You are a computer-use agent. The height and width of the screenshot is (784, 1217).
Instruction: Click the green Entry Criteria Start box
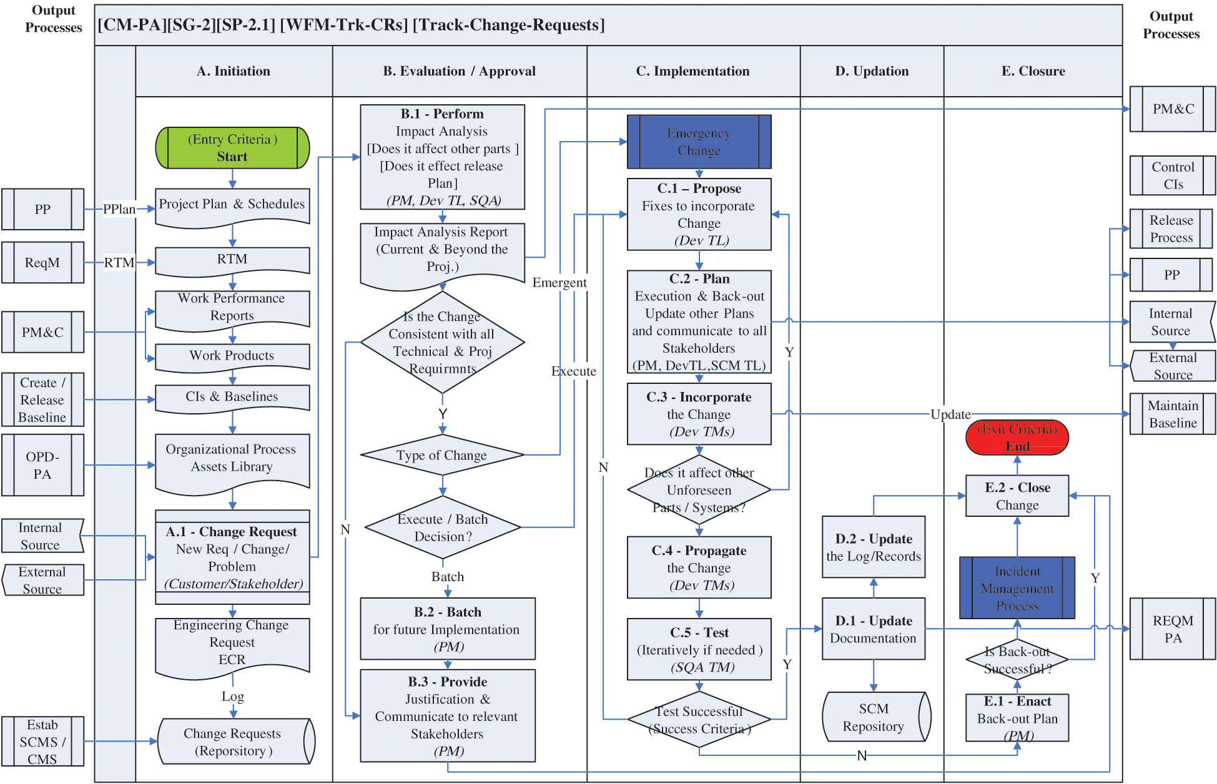(232, 148)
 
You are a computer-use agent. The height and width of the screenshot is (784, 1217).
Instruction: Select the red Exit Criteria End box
(1017, 438)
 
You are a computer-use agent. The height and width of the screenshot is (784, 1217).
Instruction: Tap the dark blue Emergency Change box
(699, 142)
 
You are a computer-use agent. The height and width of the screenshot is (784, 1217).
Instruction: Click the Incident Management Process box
(1017, 588)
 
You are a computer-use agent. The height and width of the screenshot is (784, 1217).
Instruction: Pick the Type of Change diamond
(442, 455)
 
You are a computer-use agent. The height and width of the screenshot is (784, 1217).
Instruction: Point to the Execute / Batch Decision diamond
(443, 528)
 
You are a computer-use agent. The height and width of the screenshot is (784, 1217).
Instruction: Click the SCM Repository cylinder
(874, 717)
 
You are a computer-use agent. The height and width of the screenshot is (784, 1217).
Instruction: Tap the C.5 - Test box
(699, 649)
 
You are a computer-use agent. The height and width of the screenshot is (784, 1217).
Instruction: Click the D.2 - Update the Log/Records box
(873, 547)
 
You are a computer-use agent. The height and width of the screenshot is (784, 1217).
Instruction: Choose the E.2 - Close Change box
(1017, 496)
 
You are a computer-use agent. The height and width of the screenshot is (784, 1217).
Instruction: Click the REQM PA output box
(1172, 629)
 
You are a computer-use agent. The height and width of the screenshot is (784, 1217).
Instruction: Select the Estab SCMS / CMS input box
(42, 742)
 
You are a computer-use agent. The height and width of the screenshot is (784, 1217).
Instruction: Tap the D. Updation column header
(872, 71)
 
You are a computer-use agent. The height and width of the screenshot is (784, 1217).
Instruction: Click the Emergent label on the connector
(559, 283)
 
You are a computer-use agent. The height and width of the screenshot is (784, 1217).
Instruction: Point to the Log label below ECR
(232, 697)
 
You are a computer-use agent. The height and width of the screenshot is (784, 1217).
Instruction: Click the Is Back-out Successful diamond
(1017, 660)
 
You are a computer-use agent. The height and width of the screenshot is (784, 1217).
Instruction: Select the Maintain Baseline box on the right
(1172, 414)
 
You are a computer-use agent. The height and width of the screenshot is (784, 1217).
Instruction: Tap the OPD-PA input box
(42, 465)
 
